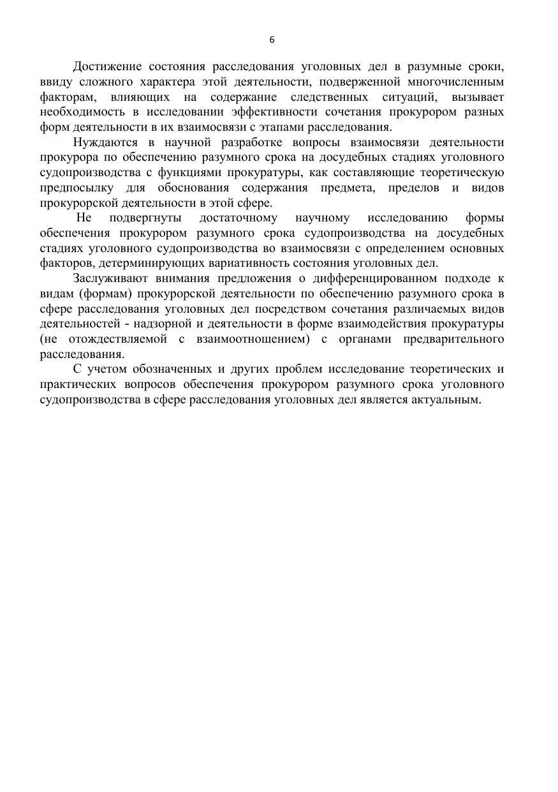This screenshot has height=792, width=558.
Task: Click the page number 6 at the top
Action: (272, 40)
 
